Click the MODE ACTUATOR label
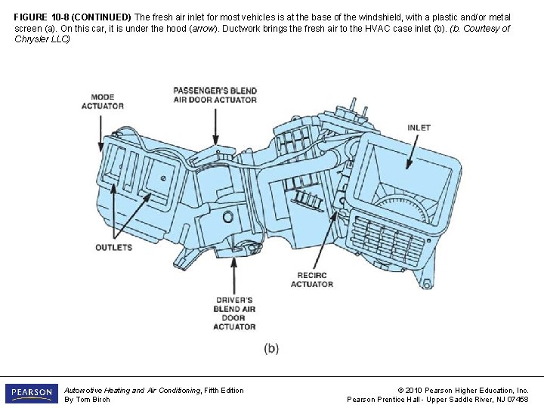tap(102, 101)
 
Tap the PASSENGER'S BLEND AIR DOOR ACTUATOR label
tap(215, 95)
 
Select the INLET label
tap(419, 128)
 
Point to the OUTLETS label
tap(113, 247)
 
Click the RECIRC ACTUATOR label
tap(311, 280)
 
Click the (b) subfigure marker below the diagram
tap(271, 348)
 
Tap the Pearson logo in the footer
tap(31, 394)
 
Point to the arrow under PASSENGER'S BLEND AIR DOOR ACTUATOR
tap(216, 124)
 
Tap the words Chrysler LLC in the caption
tap(42, 39)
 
